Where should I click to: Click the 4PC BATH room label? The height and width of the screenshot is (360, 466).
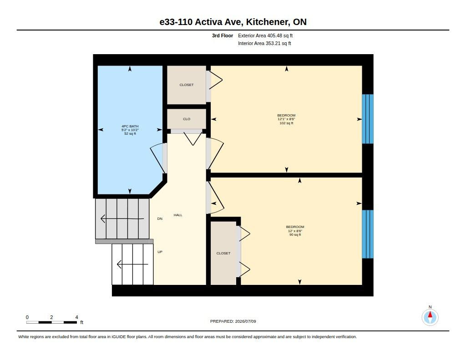[x=130, y=126]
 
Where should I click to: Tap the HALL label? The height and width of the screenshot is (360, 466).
[x=178, y=215]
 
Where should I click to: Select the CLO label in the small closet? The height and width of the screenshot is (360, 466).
[x=187, y=119]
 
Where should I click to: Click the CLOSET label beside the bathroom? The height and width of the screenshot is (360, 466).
[x=187, y=85]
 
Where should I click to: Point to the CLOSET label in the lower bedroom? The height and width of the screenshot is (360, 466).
[x=223, y=254]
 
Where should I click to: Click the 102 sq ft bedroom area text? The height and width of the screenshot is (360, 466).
[x=287, y=123]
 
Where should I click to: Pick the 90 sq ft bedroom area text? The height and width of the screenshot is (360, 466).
[x=295, y=234]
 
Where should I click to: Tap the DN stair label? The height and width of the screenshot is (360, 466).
[x=160, y=219]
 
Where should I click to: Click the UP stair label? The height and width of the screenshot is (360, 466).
[x=160, y=252]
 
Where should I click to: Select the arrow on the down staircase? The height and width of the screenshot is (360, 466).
[x=122, y=219]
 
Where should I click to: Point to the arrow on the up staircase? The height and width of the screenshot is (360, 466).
[x=132, y=264]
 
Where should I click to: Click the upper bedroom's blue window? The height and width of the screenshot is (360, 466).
[x=368, y=119]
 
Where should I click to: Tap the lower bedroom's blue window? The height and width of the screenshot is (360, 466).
[x=368, y=234]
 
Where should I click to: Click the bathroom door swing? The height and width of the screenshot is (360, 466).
[x=157, y=159]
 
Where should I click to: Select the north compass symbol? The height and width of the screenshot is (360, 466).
[x=430, y=317]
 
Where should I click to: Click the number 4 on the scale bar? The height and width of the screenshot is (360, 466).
[x=76, y=317]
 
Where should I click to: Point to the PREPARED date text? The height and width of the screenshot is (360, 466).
[x=233, y=321]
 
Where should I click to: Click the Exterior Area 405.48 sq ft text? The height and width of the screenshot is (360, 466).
[x=265, y=35]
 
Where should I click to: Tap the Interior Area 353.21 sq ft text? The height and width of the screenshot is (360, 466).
[x=264, y=43]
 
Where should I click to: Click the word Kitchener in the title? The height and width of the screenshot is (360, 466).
[x=268, y=22]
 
